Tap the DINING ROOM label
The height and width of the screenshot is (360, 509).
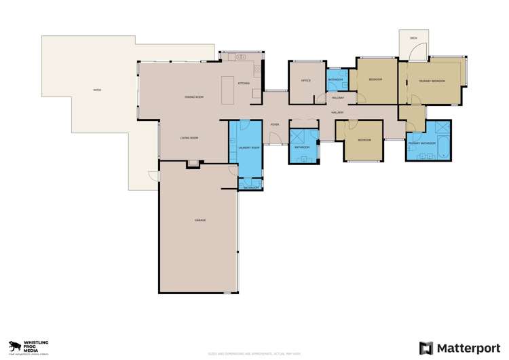coord(194,98)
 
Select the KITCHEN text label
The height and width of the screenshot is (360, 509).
coord(244,84)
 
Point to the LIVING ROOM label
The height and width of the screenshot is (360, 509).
coord(189,138)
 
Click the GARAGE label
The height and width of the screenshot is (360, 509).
coord(200,220)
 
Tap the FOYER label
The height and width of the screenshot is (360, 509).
coord(275,125)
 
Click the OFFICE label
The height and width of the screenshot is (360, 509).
coord(305,81)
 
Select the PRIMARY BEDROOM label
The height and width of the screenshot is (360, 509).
coord(432,81)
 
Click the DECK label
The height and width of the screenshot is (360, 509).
coord(413,38)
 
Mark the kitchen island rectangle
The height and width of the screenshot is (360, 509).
coord(228,90)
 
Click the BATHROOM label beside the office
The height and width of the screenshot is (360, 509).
coord(336,80)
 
